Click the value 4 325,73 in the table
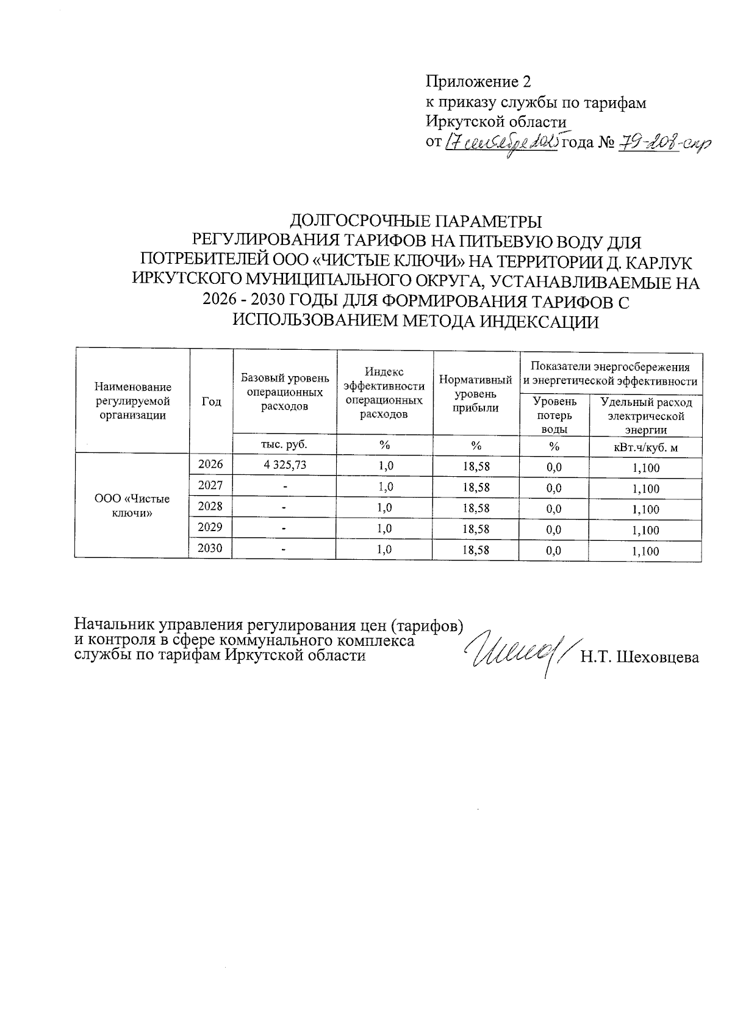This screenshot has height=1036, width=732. [x=284, y=465]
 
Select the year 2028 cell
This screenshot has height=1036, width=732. [x=210, y=506]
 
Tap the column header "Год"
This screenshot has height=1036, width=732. [x=211, y=401]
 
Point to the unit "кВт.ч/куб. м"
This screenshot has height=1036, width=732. [x=645, y=447]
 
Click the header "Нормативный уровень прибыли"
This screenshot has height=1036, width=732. [x=476, y=394]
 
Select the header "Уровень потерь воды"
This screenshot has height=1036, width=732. [x=554, y=415]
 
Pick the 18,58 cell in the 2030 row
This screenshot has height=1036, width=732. [x=476, y=550]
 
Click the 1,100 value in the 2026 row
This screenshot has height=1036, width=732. [x=645, y=469]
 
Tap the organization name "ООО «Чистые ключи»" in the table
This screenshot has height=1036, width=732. [x=132, y=505]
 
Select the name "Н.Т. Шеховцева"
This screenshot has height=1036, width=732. [x=639, y=657]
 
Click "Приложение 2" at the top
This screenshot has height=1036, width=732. [x=478, y=81]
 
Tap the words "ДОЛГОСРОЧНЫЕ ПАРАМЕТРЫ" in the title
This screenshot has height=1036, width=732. [x=415, y=220]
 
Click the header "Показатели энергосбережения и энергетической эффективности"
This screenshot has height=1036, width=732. [x=610, y=374]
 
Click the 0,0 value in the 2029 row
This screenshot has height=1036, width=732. [x=554, y=530]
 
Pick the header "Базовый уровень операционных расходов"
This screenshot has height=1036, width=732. [x=284, y=391]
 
